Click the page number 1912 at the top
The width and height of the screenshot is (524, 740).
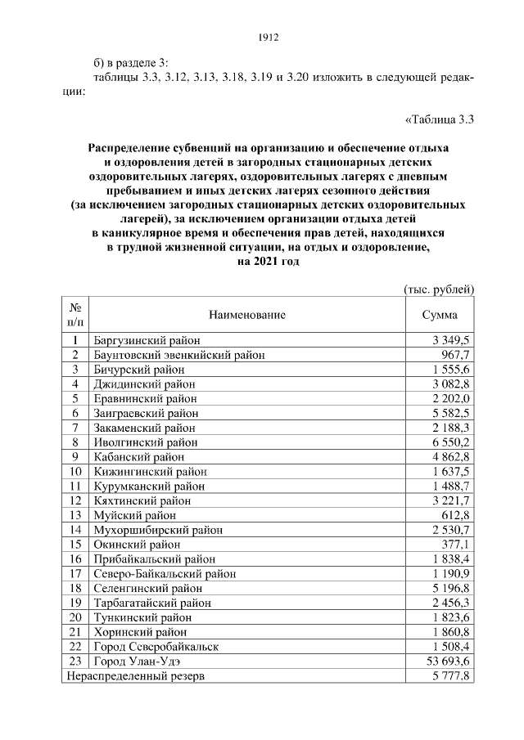[269, 37]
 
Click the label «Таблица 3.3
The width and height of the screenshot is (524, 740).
[440, 120]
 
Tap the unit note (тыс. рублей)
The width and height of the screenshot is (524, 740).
[440, 289]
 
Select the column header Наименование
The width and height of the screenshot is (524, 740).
[247, 315]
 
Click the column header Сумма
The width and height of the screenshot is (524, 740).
[440, 315]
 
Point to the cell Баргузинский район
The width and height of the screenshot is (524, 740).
[147, 340]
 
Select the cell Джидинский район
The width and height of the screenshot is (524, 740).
[144, 383]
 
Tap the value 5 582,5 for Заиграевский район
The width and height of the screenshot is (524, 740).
[447, 414]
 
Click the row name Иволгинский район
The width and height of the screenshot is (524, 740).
[145, 442]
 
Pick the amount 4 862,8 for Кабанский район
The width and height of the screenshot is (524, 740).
[447, 457]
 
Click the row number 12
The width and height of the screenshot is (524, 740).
[75, 500]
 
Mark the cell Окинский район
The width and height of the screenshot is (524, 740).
[137, 544]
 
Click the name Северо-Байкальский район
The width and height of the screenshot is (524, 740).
[165, 573]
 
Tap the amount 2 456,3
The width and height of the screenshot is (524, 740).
[447, 603]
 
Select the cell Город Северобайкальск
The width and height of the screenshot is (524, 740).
[157, 647]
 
